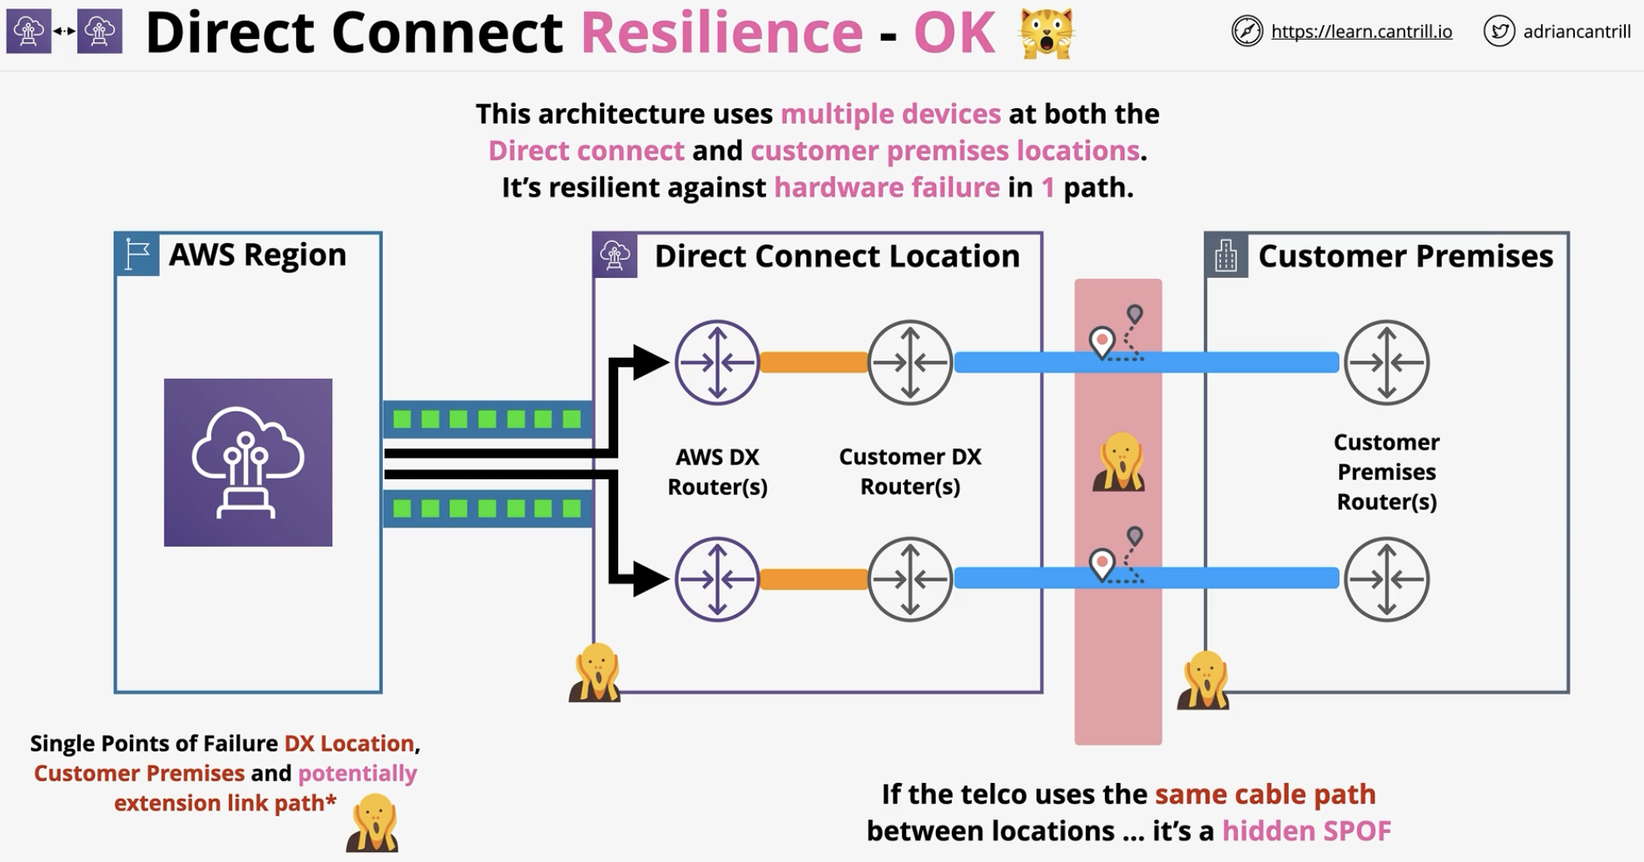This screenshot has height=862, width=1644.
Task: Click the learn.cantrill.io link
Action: click(1361, 32)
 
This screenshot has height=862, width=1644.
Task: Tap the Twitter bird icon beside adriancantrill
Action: click(1499, 32)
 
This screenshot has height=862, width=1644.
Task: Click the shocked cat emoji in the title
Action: click(1047, 33)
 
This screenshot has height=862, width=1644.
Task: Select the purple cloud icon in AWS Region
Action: click(248, 463)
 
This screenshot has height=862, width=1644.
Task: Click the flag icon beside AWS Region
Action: click(137, 255)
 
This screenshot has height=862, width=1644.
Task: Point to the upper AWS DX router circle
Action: click(717, 363)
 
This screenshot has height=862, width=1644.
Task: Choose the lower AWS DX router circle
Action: click(717, 579)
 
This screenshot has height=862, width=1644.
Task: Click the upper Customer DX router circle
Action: click(910, 363)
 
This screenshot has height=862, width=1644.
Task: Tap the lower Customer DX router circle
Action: click(910, 579)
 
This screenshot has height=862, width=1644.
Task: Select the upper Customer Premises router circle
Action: click(1387, 363)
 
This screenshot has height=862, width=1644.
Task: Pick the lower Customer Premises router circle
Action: click(1387, 579)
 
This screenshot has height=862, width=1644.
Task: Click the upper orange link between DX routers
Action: click(814, 362)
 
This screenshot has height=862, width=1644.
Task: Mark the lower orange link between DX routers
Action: click(814, 578)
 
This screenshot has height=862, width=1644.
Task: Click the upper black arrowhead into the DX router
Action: click(651, 362)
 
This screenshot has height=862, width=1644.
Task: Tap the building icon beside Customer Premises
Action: click(1226, 255)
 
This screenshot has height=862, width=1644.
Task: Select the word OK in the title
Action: click(954, 33)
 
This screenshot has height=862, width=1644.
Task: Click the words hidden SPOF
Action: click(1306, 830)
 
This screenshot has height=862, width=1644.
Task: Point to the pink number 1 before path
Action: click(1048, 187)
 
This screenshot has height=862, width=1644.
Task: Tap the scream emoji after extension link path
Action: click(373, 823)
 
